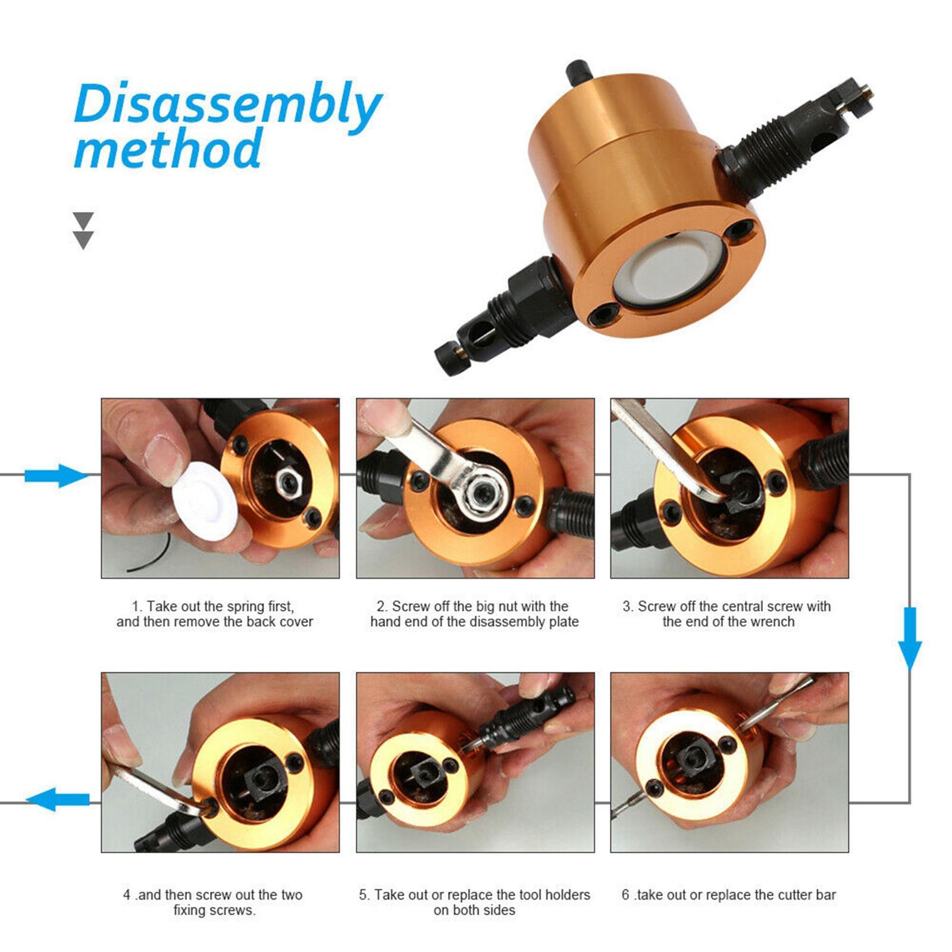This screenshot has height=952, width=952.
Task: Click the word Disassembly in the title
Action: point(226,105)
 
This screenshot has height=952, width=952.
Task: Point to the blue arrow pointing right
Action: point(57,475)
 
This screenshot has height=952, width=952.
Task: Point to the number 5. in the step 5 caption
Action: point(364,895)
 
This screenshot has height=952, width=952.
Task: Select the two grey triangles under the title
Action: point(83,231)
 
